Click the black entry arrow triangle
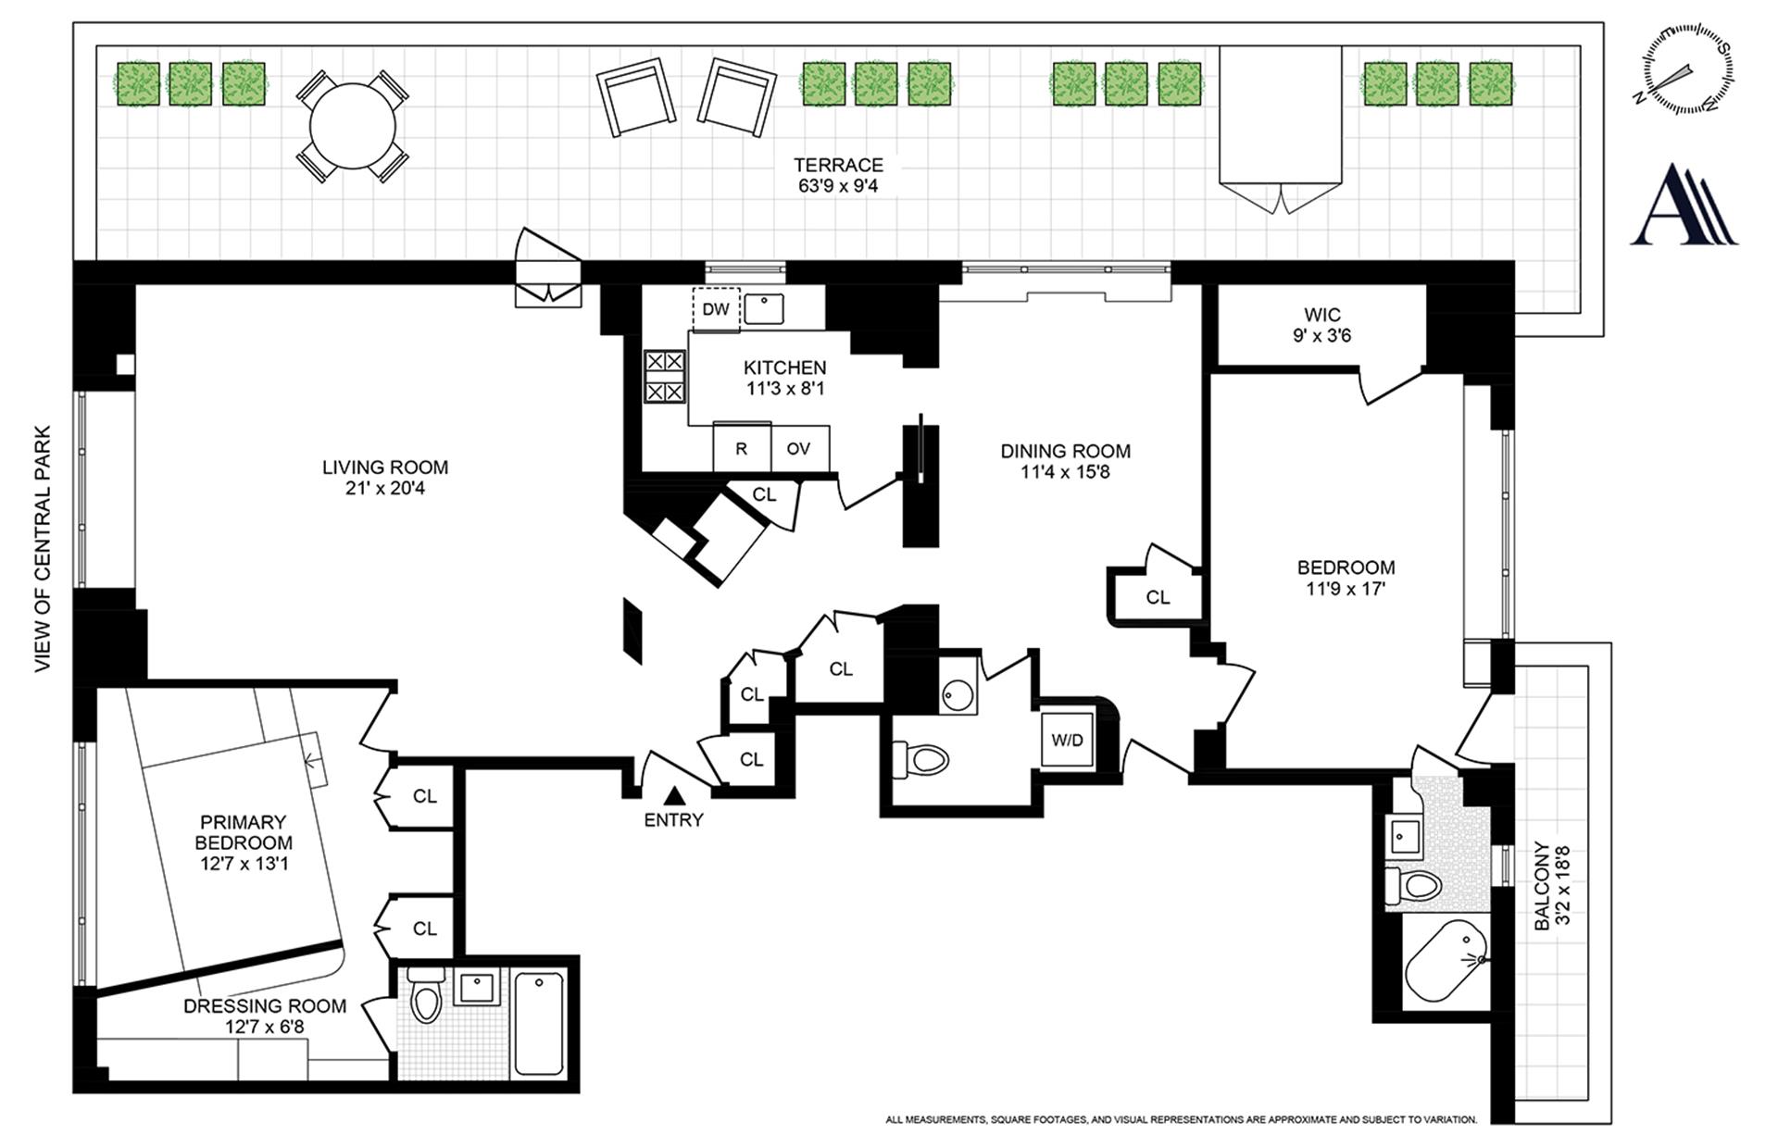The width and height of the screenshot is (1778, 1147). [674, 794]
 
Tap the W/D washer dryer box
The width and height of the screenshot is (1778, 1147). [1067, 740]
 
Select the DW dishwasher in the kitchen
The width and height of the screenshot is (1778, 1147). [716, 309]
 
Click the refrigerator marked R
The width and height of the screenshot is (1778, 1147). [742, 448]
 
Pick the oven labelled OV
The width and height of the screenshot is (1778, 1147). [799, 448]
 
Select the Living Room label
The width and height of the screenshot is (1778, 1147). [385, 468]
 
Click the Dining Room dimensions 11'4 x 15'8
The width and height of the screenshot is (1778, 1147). [1065, 472]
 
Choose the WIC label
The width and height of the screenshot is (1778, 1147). [1322, 315]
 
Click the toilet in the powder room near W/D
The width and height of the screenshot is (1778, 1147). [921, 761]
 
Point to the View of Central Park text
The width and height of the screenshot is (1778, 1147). [44, 549]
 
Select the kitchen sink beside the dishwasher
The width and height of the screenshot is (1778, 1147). [764, 308]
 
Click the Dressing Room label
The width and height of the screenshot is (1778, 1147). [265, 1006]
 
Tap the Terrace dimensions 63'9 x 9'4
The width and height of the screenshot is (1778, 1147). [839, 186]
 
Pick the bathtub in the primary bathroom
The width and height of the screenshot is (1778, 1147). [539, 1023]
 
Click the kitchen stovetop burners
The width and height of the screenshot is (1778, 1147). [665, 377]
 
